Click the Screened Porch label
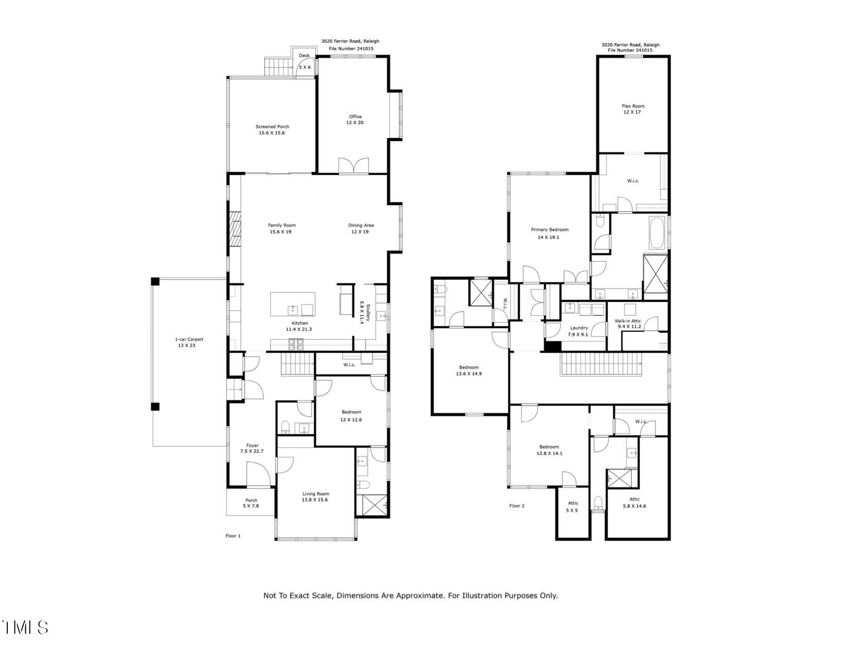[272, 129]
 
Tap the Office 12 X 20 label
[355, 120]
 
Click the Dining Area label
[361, 228]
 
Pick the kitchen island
[293, 304]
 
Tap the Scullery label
[365, 312]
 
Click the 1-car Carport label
[189, 342]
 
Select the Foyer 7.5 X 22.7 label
[252, 448]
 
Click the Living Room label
[315, 497]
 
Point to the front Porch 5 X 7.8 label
[251, 503]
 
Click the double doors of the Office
[354, 165]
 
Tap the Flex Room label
[633, 109]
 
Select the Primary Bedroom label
[549, 233]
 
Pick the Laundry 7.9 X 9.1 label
[579, 331]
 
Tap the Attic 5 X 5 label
[573, 506]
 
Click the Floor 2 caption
[517, 506]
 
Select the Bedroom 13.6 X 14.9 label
[468, 370]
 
